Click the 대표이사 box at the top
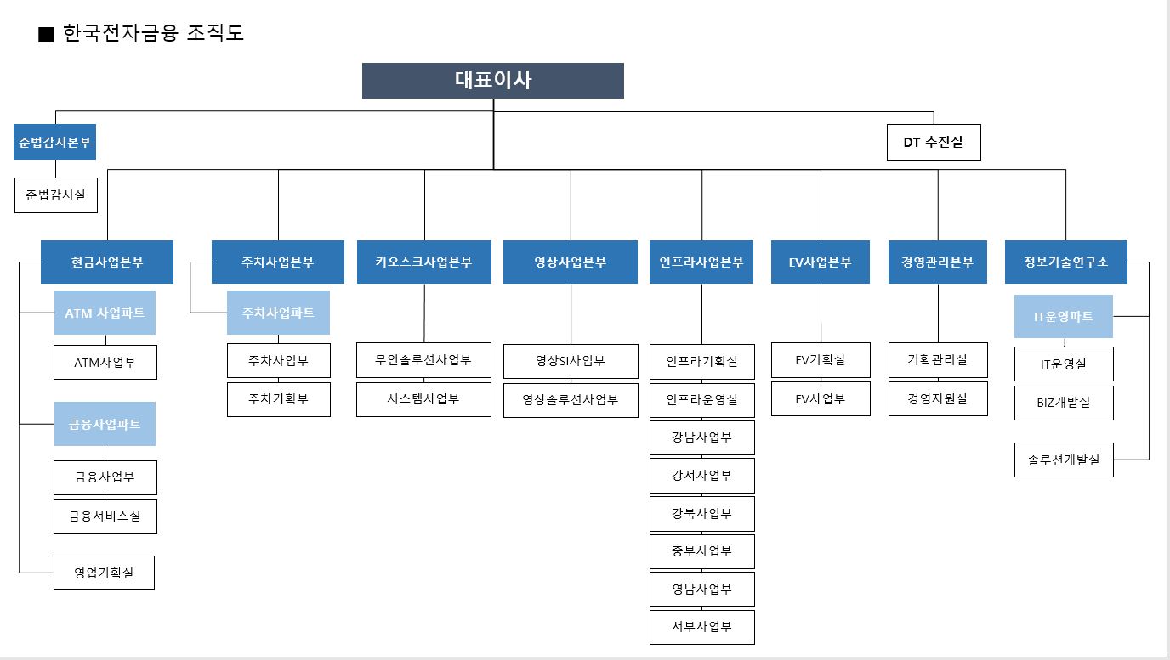492,81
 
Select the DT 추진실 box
933,143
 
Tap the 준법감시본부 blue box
54,142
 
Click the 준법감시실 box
55,195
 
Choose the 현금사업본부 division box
107,262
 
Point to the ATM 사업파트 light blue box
105,313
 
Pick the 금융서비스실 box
105,516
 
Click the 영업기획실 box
104,573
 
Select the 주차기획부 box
278,399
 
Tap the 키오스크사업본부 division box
423,262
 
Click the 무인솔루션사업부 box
423,360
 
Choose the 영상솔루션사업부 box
570,400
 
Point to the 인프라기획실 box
701,361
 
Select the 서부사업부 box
701,627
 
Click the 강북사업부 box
701,514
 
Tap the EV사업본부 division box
820,262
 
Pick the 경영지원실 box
938,398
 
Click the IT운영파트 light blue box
1063,316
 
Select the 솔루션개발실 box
1063,460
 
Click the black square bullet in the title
46,34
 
